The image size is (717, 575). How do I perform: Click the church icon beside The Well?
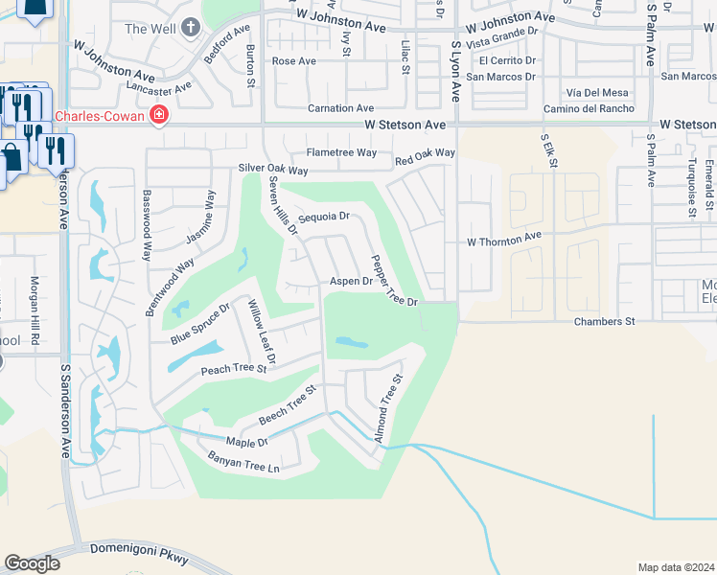[x=191, y=28]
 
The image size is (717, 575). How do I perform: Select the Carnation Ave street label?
[x=340, y=108]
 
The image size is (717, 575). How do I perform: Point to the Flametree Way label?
[x=341, y=152]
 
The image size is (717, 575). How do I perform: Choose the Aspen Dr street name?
[x=351, y=282]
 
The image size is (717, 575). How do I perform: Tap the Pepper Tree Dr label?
[x=394, y=280]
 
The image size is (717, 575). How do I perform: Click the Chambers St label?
[x=604, y=321]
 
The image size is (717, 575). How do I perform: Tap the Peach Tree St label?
[x=233, y=369]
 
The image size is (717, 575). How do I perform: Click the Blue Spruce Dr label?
[x=200, y=324]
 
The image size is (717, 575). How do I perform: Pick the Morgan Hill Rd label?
[x=35, y=310]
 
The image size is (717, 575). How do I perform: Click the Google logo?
[x=32, y=563]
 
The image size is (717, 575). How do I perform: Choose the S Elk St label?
[x=549, y=151]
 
